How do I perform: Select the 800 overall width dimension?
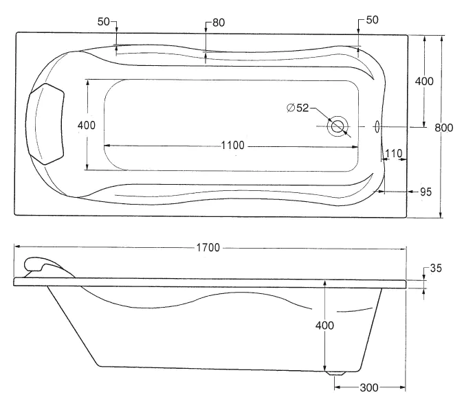pos(445,127)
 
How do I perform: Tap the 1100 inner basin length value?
pos(233,145)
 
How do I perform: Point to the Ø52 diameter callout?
pos(298,107)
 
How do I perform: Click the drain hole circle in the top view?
pos(338,126)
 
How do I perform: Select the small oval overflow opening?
pos(377,126)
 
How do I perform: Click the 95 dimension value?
pos(426,192)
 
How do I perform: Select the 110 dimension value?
pos(393,152)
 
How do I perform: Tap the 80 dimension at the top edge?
pos(219,22)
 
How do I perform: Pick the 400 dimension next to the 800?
pos(424,81)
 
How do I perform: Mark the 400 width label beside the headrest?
pos(87,125)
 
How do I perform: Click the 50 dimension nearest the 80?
pos(104,22)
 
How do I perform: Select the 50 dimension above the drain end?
pos(372,21)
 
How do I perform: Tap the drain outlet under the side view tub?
pos(336,373)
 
